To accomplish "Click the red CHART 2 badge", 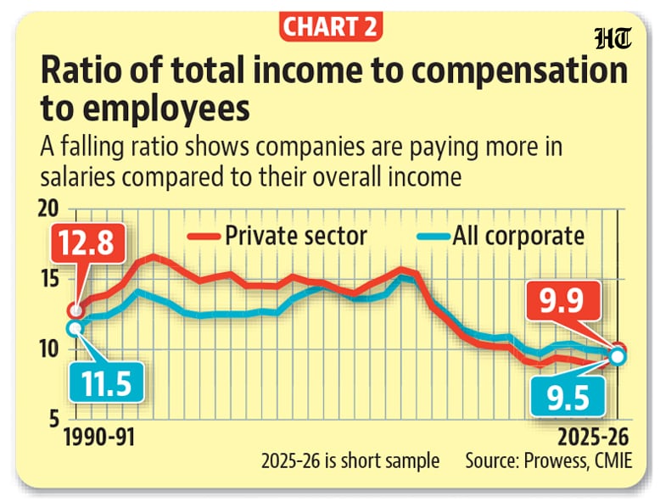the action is pos(330,26).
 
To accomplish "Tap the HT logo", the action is pos(613,39).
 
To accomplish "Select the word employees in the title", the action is pos(165,109).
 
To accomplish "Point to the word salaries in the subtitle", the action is pos(78,176).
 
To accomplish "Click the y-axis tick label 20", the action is pos(48,209).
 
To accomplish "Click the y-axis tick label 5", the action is pos(54,420).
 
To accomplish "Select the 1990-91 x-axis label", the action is pos(99,438).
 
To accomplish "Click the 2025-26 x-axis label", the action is pos(593,438).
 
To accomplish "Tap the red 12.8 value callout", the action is pos(88,243).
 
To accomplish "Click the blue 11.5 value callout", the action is pos(107,383).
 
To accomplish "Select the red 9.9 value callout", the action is pos(562,301).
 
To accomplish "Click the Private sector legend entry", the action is pos(277,236).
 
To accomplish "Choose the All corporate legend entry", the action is pos(501,236).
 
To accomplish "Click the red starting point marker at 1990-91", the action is pos(76,311).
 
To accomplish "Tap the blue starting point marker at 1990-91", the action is pos(75,329).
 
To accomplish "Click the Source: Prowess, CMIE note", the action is pos(549,460).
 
